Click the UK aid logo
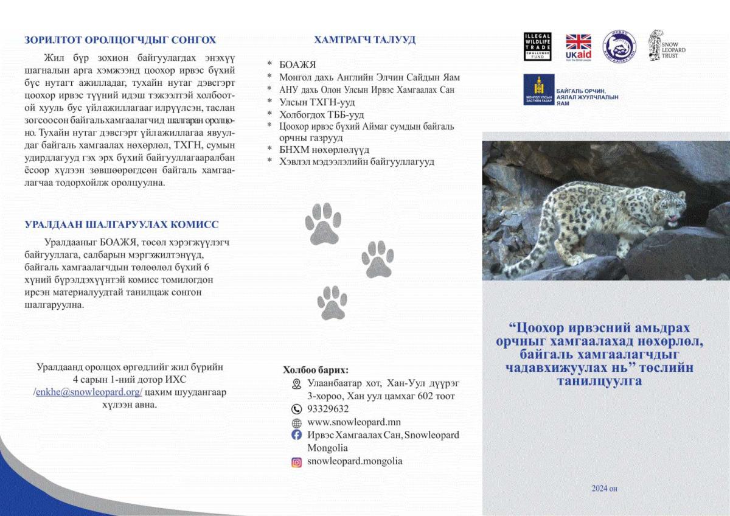pos(578,46)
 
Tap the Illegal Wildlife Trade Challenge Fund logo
pos(537,46)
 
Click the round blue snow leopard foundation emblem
pos(619,46)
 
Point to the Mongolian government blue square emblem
pos(538,89)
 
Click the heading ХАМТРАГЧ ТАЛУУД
pos(364,40)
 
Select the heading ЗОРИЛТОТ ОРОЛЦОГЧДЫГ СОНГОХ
pos(120,40)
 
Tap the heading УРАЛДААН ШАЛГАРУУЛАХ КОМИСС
pos(122,225)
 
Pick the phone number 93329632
pos(328,409)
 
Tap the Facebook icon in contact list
pos(297,435)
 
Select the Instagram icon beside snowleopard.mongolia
pos(297,462)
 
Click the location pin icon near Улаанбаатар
pos(297,383)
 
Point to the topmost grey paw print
pos(323,222)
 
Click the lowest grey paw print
pos(332,302)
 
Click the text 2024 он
pos(604,489)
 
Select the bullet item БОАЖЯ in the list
pos(297,65)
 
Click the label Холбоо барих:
pos(316,369)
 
